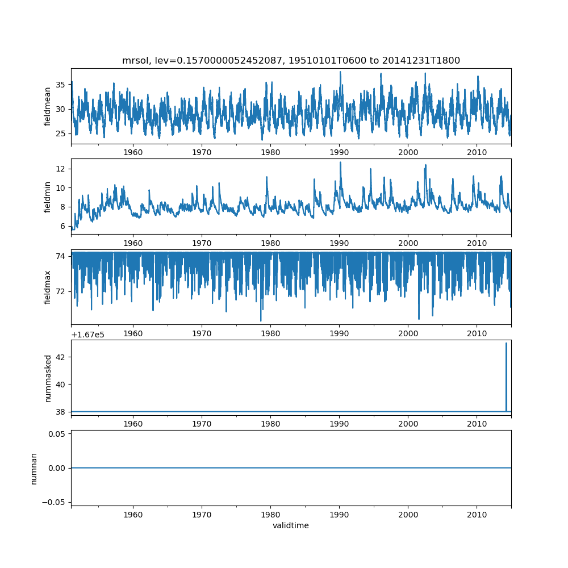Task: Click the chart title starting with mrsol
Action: tap(291, 60)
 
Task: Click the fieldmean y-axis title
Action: tap(48, 106)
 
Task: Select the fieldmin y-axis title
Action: tap(48, 197)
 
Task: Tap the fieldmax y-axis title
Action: tap(48, 287)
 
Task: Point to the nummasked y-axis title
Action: tap(48, 378)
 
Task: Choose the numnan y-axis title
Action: tap(34, 468)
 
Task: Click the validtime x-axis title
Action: tap(291, 525)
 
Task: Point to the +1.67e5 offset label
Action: tap(87, 335)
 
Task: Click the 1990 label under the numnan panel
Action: tap(339, 515)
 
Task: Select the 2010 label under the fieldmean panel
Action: tap(477, 152)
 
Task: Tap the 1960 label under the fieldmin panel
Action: tap(133, 243)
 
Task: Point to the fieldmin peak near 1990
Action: tap(340, 163)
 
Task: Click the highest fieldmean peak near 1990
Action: tap(340, 72)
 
